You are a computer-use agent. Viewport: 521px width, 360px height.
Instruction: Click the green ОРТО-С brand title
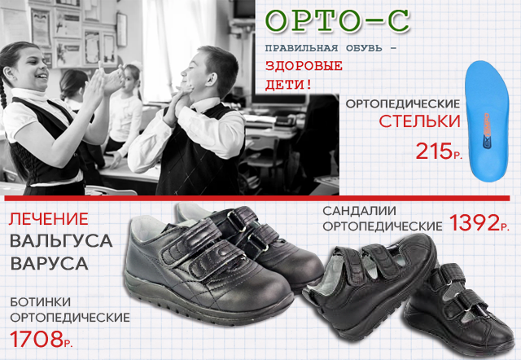click(337, 21)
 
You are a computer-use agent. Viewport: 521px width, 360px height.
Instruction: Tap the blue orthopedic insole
click(488, 121)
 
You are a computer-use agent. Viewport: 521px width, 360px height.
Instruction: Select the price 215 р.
click(439, 151)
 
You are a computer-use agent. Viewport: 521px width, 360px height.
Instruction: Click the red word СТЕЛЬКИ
click(419, 121)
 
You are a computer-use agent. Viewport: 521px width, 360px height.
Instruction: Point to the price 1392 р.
click(479, 222)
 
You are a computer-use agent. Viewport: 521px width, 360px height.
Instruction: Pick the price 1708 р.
click(42, 339)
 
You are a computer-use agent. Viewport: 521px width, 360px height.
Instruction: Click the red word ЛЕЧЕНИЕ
click(49, 219)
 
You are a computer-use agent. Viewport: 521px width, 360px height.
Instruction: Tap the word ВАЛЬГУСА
click(61, 241)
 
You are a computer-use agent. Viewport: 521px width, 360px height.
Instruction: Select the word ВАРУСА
click(49, 263)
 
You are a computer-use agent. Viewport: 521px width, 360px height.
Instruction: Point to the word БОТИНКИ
click(40, 302)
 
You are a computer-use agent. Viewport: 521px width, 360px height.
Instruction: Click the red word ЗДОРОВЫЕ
click(304, 65)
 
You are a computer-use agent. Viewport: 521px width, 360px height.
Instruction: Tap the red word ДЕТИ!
click(288, 85)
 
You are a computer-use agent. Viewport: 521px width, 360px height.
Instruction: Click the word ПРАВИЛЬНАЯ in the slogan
click(301, 48)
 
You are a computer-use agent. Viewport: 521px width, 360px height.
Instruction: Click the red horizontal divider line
click(257, 199)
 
